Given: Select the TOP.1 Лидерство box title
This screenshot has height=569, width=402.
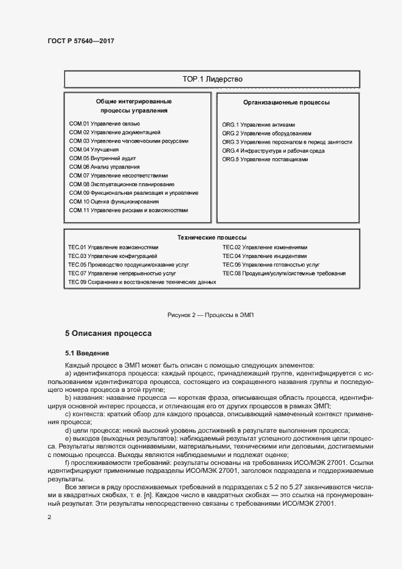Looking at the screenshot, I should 213,79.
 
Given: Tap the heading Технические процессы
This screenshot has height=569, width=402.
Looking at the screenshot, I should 216,237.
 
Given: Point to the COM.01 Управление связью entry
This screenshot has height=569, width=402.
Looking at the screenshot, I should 96,124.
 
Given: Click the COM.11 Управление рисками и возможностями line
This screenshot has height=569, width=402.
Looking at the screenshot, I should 128,210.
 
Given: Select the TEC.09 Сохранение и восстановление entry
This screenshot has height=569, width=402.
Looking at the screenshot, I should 142,282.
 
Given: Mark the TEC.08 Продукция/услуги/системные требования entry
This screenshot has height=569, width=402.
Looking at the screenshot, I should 284,274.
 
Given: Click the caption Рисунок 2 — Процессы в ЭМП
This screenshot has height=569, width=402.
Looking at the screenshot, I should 210,315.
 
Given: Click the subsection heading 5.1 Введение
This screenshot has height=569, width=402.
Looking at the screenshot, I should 87,352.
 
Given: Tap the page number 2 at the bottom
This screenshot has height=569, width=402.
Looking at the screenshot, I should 49,517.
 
